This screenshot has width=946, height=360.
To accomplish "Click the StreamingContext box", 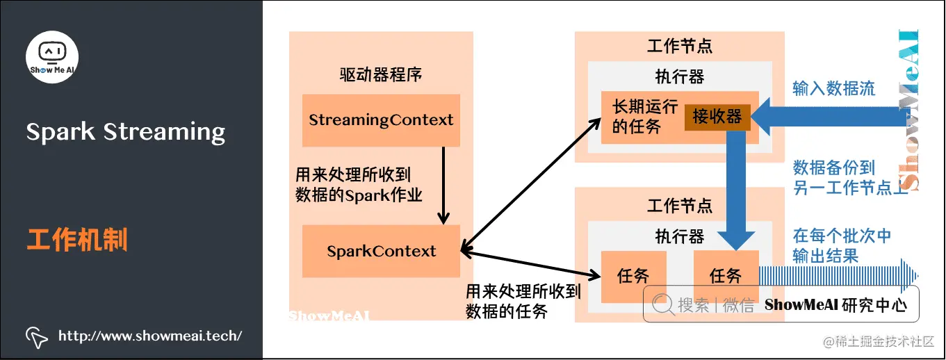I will [x=381, y=120].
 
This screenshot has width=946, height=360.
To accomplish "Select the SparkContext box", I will [x=381, y=251].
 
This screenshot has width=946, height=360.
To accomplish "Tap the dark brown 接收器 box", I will [x=717, y=117].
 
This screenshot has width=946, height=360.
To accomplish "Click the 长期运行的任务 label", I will [x=635, y=117].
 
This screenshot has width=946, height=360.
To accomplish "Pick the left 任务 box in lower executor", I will [x=633, y=276].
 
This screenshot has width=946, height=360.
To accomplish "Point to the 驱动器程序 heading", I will [x=381, y=75].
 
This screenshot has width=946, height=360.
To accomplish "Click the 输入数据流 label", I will [x=833, y=88].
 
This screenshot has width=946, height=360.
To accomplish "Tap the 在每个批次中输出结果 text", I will [x=842, y=245].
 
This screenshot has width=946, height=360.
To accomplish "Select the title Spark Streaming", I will [x=126, y=131].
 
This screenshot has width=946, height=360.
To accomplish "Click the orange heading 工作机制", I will [x=77, y=240].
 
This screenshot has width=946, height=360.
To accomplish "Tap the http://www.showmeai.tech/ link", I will [x=150, y=336].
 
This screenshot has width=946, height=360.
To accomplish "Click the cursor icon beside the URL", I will [x=37, y=337].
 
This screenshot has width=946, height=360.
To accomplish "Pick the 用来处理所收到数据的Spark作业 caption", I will [x=359, y=185].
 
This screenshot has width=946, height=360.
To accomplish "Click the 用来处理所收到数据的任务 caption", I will [x=523, y=301].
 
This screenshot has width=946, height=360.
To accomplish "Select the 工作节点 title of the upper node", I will [x=679, y=47].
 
